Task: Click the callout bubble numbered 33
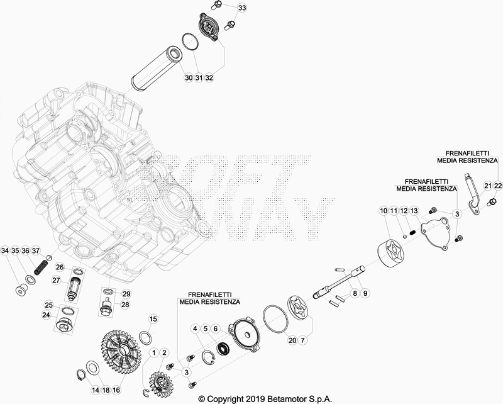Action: [x=242, y=8]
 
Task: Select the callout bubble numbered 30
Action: [x=189, y=77]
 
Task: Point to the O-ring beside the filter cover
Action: [x=191, y=42]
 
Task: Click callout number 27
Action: [x=56, y=281]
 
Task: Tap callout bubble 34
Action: [x=5, y=250]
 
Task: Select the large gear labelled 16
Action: [x=121, y=349]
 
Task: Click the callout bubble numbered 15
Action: [x=153, y=319]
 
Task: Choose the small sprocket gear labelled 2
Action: [x=160, y=383]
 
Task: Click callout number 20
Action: [x=292, y=340]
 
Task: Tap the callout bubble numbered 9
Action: [x=365, y=293]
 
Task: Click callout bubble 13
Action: [x=414, y=211]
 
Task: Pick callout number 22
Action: [x=498, y=186]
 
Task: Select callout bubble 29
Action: [x=126, y=293]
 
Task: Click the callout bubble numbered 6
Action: [x=216, y=328]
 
